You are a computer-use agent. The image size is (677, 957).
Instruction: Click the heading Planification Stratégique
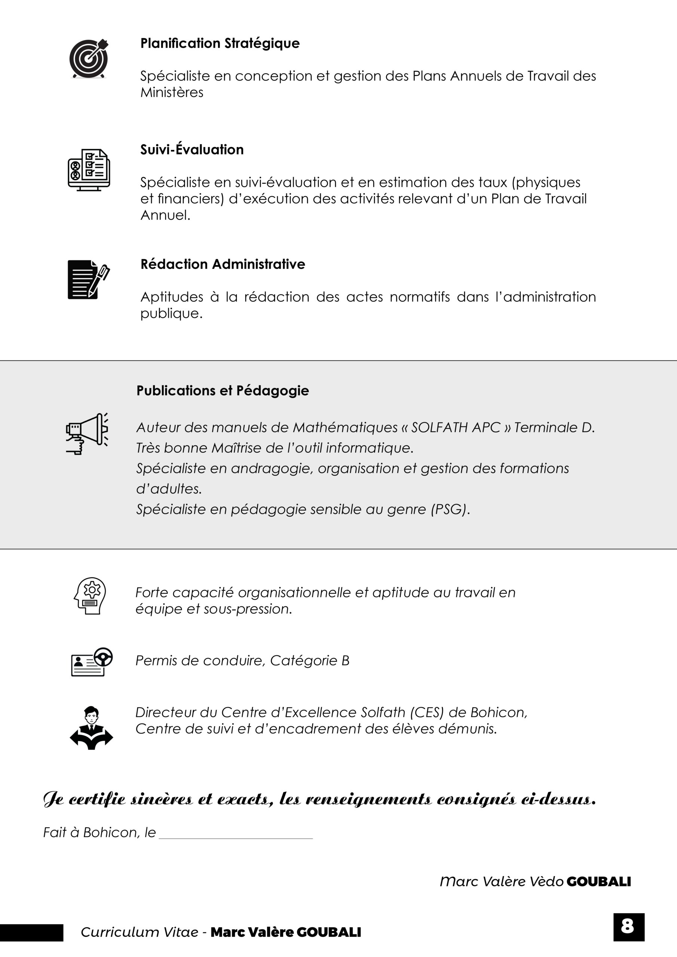[220, 43]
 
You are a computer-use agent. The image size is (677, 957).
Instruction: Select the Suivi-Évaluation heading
[192, 150]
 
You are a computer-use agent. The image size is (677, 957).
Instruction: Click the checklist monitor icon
[89, 170]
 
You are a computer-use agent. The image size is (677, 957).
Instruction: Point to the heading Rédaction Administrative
[223, 264]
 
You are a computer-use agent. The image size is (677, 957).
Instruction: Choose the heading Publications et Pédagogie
[223, 391]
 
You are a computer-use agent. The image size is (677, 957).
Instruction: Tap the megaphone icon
[87, 434]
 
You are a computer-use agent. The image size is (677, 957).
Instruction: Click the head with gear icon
[90, 596]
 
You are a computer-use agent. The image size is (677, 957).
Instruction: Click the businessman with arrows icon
[91, 728]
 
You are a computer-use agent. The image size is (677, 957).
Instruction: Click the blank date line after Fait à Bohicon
[236, 834]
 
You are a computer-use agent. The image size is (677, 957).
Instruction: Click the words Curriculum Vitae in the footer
[139, 932]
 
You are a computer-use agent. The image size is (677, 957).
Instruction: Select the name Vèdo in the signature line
[546, 881]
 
